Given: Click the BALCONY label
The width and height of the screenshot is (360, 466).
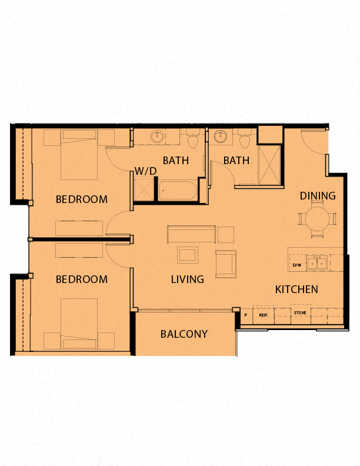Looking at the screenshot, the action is pos(184,334).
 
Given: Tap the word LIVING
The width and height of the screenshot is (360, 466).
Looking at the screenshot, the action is pos(188,279).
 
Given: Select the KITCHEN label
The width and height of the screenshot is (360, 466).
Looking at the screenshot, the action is pos(296,289).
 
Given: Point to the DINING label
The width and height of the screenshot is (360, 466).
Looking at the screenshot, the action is pos(318,196).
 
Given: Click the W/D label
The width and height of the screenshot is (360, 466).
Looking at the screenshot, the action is pos(145,171).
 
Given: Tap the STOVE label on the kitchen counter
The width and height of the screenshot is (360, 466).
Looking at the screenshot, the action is pos(300,312).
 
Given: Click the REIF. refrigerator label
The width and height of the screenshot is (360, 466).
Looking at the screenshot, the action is pos(264,315).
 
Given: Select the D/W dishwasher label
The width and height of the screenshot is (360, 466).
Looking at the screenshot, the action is pos(297,265).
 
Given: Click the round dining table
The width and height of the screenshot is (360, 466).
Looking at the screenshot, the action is pos(318,218).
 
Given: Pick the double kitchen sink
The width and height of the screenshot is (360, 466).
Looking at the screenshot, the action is pos(317,263).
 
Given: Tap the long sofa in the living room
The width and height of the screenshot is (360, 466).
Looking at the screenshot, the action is pos(191,234).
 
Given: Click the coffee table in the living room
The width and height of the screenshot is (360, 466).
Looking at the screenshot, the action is pos(188,255).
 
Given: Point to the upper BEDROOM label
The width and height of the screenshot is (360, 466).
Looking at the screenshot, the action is pos(82,199).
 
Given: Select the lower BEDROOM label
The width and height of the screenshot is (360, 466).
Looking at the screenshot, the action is pos(82,279).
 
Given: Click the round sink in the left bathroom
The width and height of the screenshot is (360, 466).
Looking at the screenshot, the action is pos(157,137).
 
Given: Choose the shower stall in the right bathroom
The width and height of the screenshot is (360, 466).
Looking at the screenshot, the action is pos(269,165).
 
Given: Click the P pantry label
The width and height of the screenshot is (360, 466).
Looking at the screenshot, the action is pos(246,315).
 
